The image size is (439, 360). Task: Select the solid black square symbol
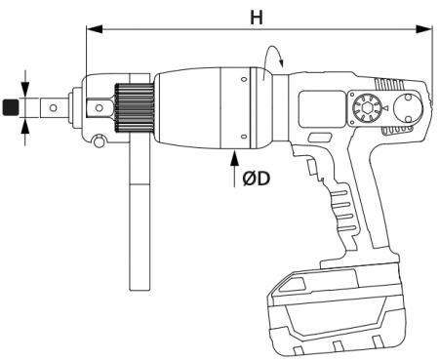pos(10,107)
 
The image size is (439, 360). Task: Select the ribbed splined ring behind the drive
pos(132,107)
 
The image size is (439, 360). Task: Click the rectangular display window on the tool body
pos(321,107)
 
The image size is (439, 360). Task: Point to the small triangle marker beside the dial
pos(387,107)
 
